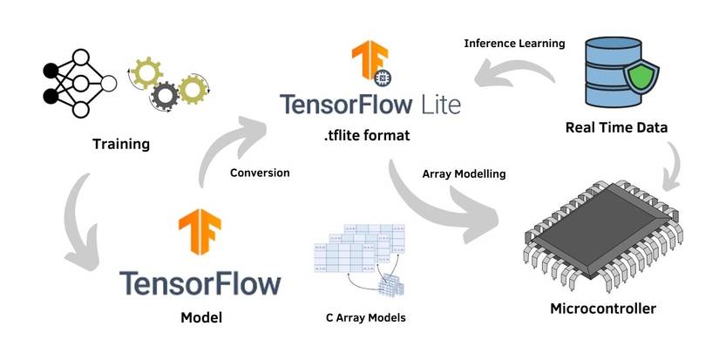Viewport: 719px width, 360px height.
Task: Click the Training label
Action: [x=121, y=143]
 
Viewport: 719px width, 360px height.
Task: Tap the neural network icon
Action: [x=78, y=84]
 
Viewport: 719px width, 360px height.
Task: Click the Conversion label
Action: [x=260, y=173]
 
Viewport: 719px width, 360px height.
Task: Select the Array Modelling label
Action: [x=458, y=173]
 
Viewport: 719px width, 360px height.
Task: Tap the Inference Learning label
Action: [x=514, y=43]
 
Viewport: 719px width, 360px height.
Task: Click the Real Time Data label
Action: [x=616, y=127]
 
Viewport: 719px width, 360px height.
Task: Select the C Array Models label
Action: [x=360, y=317]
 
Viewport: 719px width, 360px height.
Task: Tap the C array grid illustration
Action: [x=356, y=257]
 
